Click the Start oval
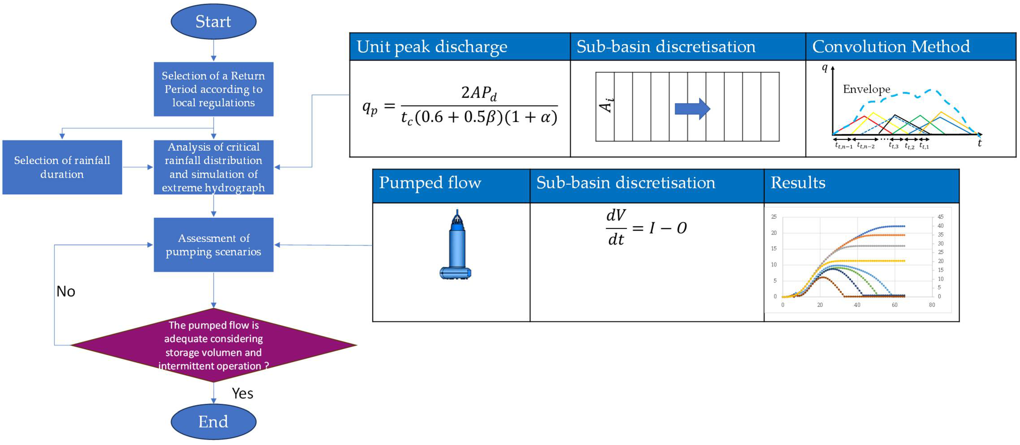(213, 21)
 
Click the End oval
(213, 422)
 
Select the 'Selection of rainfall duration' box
(62, 167)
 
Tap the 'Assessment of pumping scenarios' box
(213, 245)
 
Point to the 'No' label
(66, 291)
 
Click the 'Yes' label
(242, 393)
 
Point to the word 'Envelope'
(866, 89)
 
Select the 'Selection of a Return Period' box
(213, 89)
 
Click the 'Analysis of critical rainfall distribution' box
(213, 167)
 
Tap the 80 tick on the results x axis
(932, 305)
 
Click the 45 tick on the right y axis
(940, 217)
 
